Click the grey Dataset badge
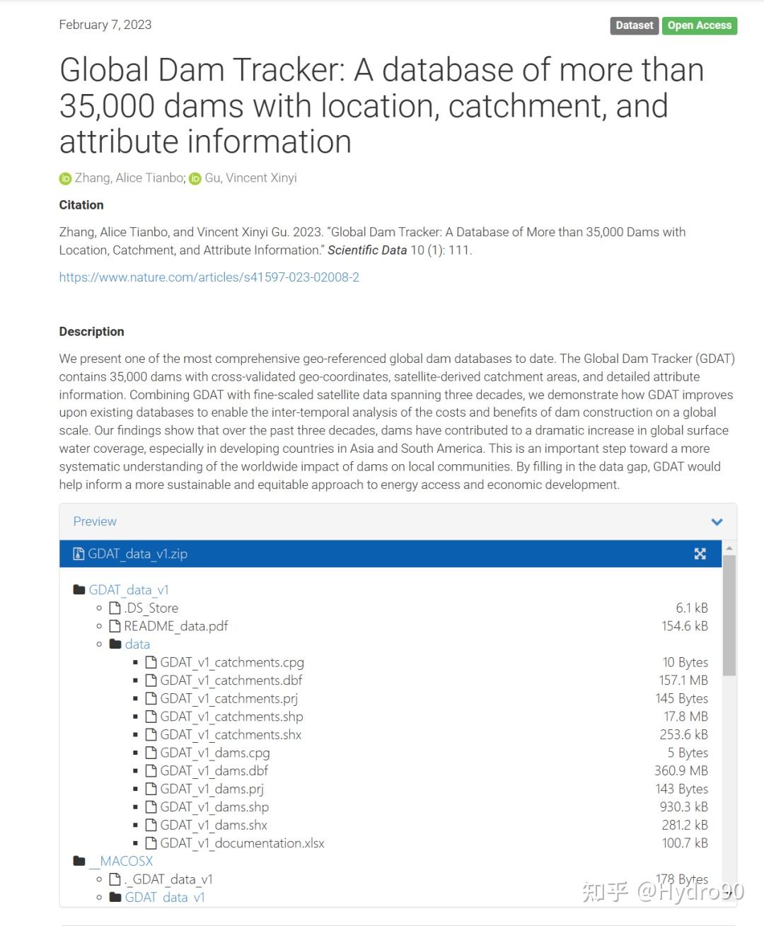634,25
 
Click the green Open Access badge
699,25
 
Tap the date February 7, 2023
105,25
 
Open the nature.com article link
209,277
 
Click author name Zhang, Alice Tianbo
129,178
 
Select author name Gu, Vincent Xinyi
250,178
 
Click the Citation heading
81,205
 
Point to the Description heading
91,332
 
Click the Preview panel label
95,521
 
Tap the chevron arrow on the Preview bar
717,522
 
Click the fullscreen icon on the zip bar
700,554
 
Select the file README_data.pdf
175,626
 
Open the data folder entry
137,644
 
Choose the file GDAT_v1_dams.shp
214,807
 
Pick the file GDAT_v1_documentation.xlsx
242,843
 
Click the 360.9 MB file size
681,771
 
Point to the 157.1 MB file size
683,681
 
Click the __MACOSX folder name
125,862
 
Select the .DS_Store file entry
151,608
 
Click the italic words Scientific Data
367,250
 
